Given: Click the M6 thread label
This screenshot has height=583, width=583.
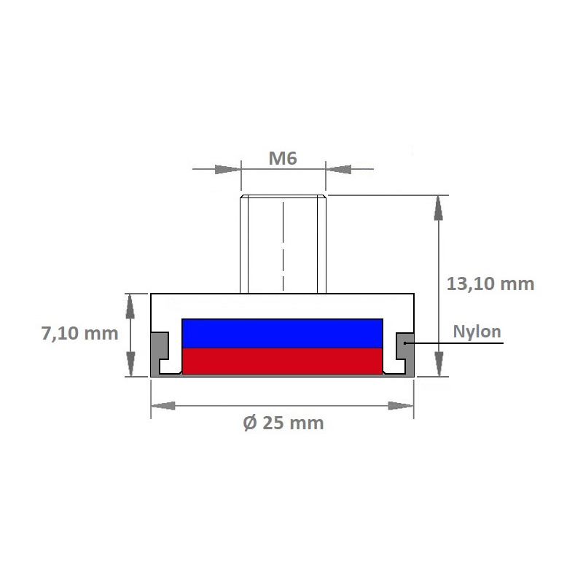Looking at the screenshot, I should point(282,158).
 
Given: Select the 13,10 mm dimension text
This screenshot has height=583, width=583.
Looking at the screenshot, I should point(490,283).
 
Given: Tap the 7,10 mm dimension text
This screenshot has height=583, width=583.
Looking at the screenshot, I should point(79,334).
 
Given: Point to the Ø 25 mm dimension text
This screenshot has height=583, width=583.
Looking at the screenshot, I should point(282,423).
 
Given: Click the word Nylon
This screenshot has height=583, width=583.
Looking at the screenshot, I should point(477,332).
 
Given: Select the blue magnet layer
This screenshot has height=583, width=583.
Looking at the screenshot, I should point(282,333).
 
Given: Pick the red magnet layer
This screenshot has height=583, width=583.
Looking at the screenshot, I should point(282,360).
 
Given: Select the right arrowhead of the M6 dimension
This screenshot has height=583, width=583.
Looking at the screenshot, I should point(337,169).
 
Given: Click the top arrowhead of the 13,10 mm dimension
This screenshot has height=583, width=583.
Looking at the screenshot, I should point(438,207).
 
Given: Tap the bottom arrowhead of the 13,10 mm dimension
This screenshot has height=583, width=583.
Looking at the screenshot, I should point(438,364).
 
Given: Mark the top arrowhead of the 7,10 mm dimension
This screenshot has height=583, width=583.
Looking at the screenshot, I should point(130,305).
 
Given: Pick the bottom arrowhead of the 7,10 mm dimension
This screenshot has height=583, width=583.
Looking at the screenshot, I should point(130,364).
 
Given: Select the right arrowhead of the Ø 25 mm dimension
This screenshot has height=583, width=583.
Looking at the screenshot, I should point(401,406).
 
